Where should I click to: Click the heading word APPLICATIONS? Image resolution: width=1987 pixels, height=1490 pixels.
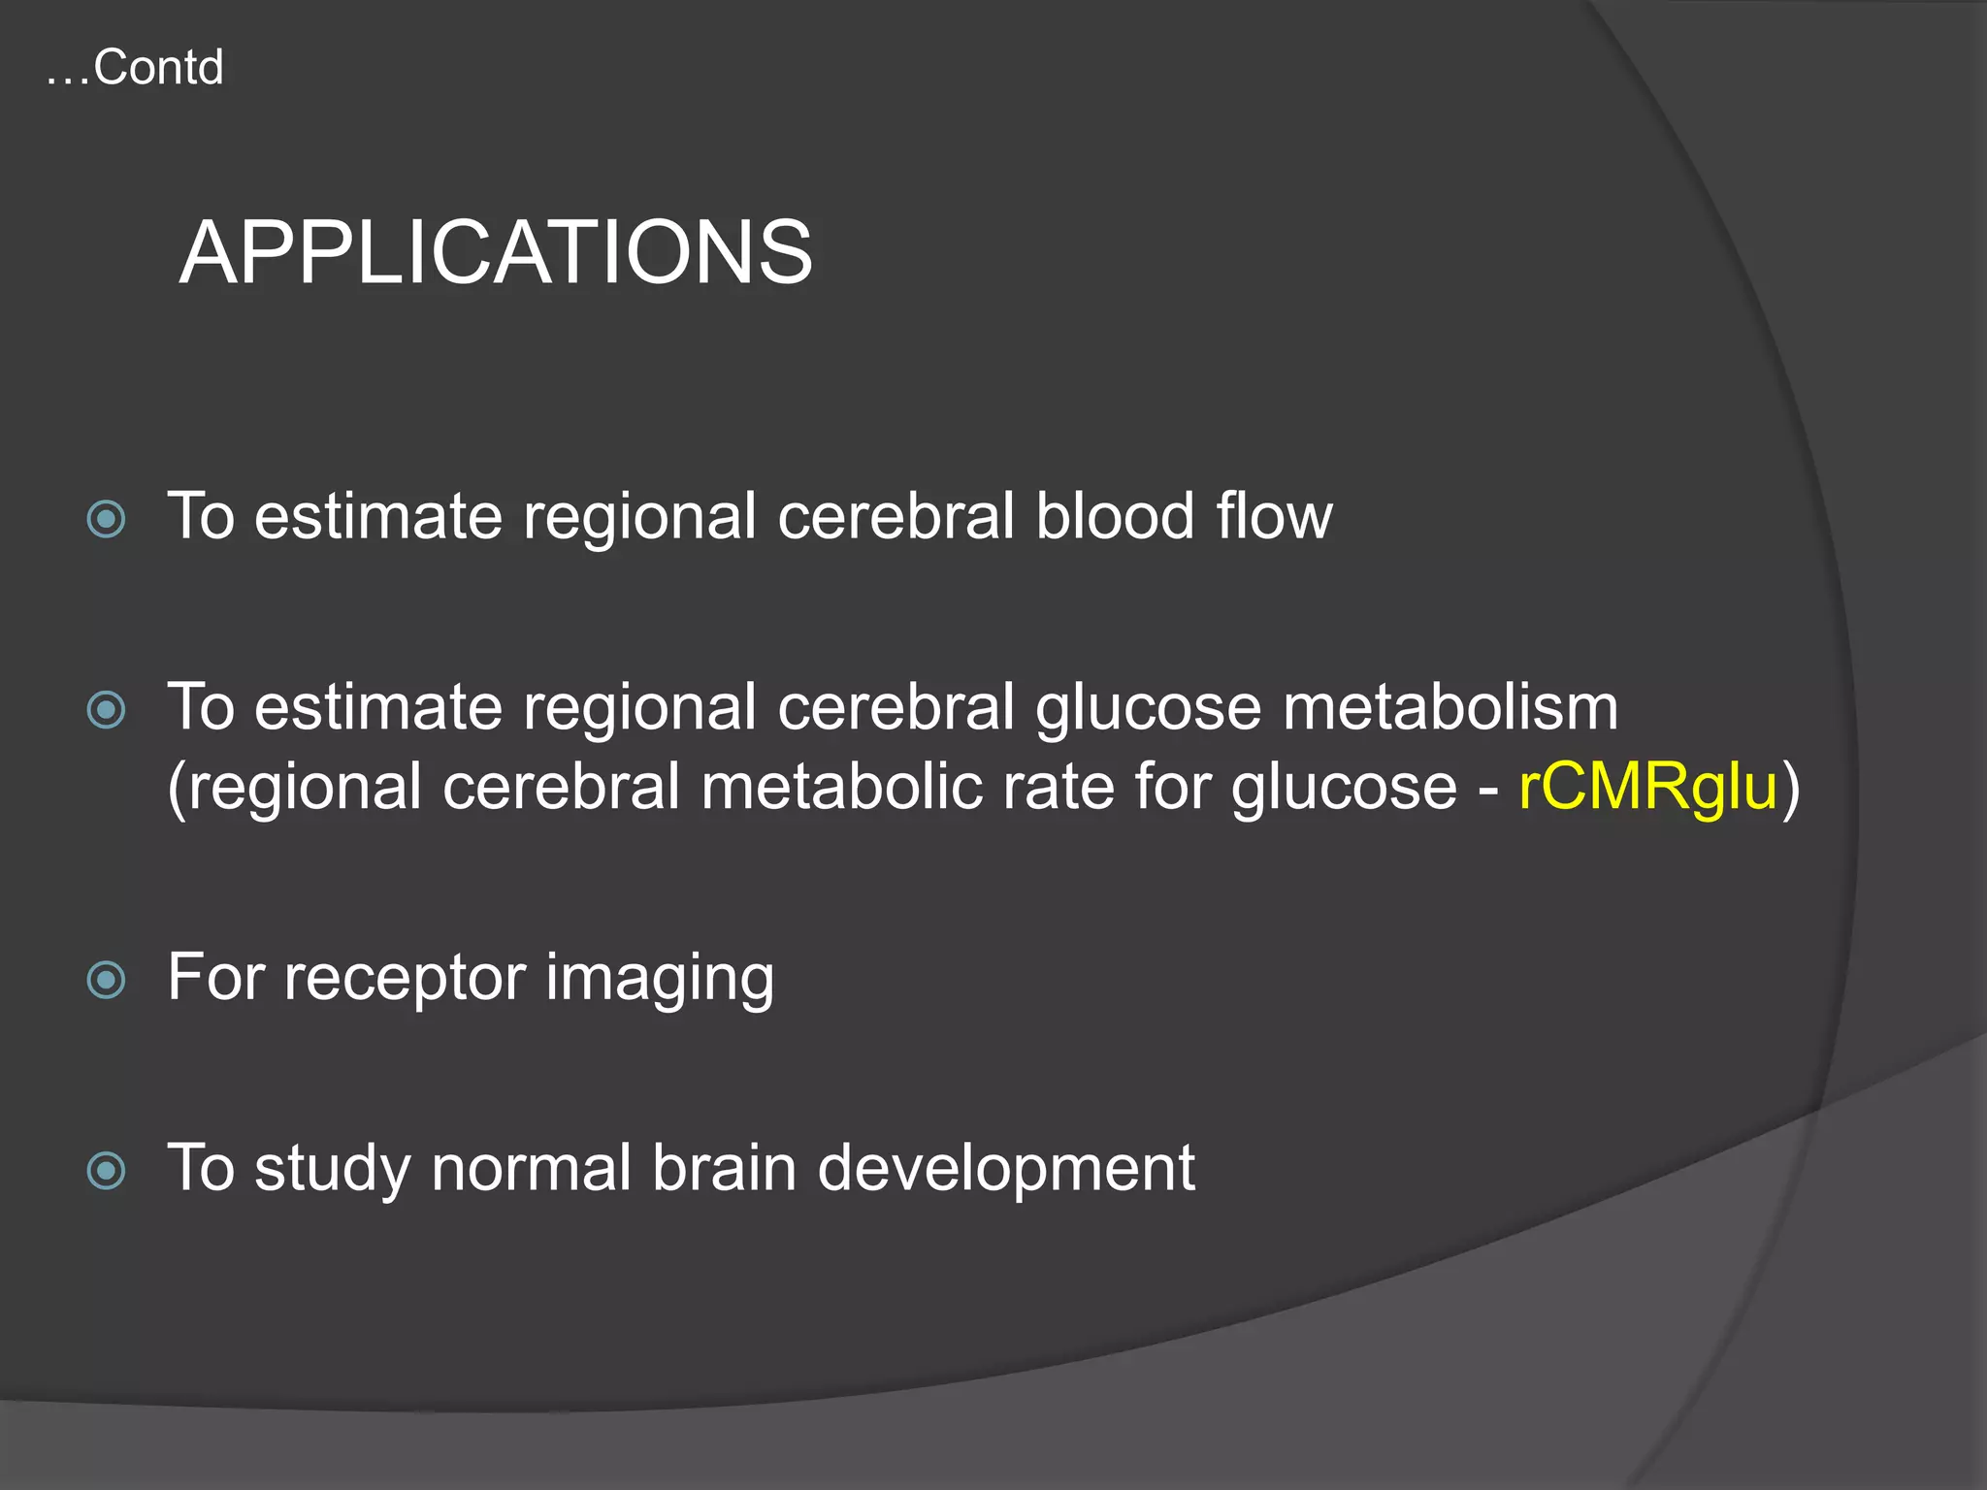(496, 253)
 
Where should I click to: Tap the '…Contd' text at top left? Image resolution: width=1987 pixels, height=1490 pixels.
(135, 68)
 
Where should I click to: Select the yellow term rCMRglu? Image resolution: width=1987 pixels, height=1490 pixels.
(1647, 786)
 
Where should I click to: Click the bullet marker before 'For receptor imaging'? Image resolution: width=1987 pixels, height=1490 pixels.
(106, 980)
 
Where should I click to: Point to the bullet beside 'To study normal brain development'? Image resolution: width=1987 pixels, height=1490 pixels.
(106, 1170)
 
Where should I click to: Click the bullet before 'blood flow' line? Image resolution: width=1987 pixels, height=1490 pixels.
(106, 519)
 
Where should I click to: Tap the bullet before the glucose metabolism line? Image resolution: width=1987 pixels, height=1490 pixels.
(106, 710)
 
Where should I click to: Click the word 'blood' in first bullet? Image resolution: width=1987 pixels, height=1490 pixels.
(1115, 516)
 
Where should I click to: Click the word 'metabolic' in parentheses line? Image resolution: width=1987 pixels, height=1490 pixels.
(840, 786)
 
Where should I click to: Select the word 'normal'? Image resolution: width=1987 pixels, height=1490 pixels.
(531, 1168)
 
